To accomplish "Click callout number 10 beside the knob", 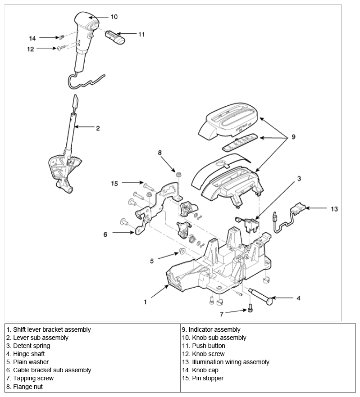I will (x=114, y=17).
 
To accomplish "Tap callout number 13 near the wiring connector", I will (x=333, y=209).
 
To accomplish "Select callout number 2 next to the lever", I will (x=98, y=128).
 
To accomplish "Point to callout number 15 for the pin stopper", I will (x=115, y=183).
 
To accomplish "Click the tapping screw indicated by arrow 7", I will (x=251, y=309).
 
